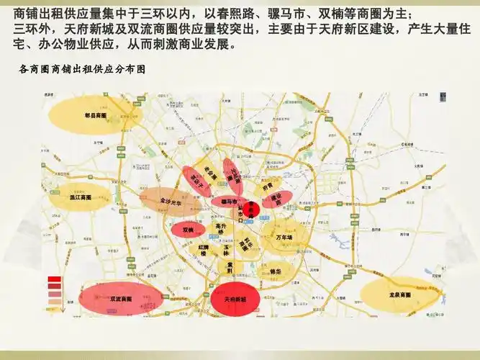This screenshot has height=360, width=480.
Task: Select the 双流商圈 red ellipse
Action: (120, 298)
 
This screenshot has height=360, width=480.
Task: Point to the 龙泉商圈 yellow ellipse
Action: (399, 295)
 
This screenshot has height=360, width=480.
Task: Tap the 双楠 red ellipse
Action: (188, 230)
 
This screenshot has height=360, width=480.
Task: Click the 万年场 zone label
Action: (285, 237)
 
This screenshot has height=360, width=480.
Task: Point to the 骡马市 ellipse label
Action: (230, 201)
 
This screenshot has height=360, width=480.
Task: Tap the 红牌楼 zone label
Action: (204, 250)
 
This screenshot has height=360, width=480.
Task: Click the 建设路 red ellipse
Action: (276, 198)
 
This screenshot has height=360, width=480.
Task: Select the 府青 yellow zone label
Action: (268, 183)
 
